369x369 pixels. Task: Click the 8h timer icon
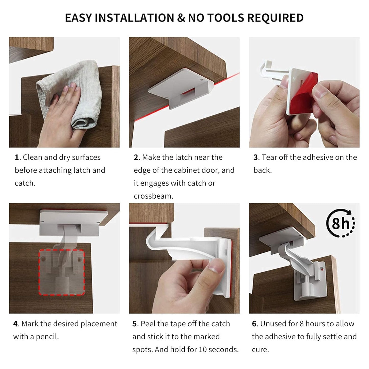click(x=341, y=223)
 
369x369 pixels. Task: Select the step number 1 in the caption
click(x=17, y=158)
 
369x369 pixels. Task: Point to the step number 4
click(x=16, y=324)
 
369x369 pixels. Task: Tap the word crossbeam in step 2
click(x=153, y=196)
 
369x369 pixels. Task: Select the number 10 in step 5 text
click(x=203, y=350)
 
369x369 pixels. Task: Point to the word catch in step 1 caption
click(x=25, y=183)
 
